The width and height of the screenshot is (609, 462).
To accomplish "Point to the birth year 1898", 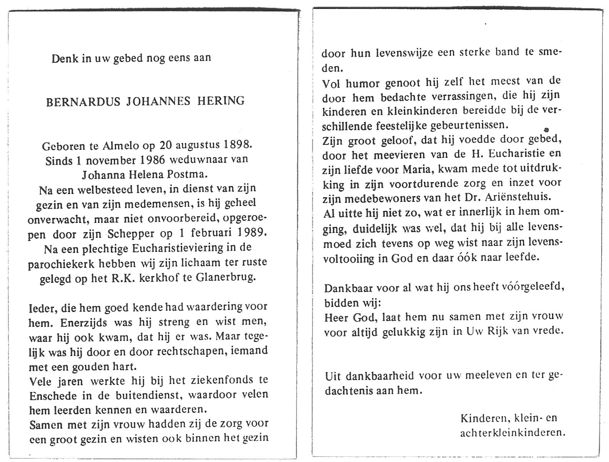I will (x=238, y=146).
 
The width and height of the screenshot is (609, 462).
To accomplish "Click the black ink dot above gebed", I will (x=546, y=130).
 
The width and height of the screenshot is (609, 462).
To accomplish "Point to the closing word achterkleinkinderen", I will (x=512, y=432).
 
